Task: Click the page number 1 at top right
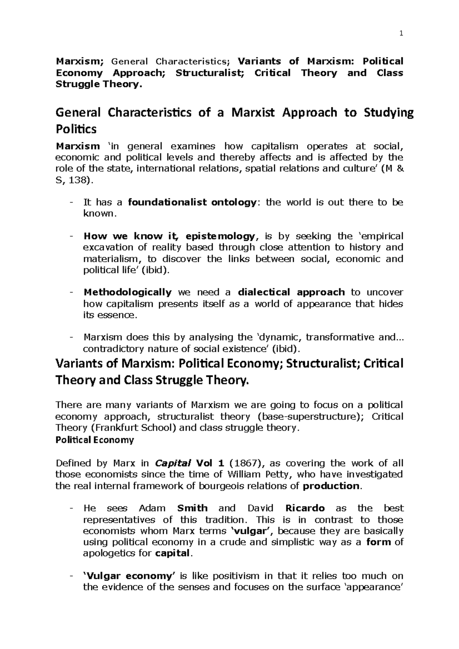coord(401,34)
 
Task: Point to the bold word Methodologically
coord(127,292)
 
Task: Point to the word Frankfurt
coord(107,428)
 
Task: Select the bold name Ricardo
coord(305,508)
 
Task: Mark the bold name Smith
coord(192,508)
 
